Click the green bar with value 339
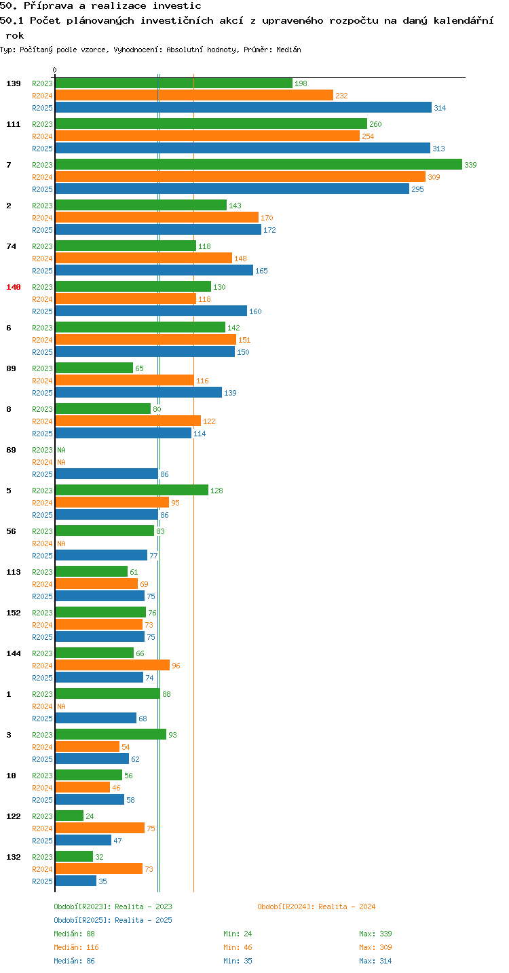(259, 164)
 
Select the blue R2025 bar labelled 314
(243, 107)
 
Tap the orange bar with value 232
(194, 95)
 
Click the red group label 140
(14, 287)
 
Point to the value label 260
(375, 124)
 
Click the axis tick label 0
(55, 70)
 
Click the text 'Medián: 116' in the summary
(77, 947)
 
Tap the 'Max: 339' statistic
(375, 934)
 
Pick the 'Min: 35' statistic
(238, 961)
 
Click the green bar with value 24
(69, 816)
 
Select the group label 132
(14, 857)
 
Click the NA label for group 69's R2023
(61, 450)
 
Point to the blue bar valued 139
(138, 392)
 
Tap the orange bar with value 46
(83, 787)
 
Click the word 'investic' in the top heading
(176, 6)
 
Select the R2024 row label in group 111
(42, 136)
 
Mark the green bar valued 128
(132, 490)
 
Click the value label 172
(269, 230)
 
